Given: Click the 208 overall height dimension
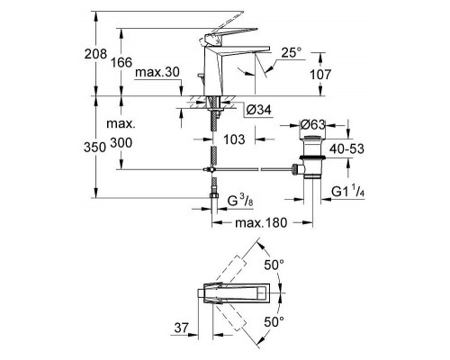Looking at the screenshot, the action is coord(95,54).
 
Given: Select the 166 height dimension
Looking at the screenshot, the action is coord(121,62).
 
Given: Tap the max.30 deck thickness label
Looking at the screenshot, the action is coord(157,72).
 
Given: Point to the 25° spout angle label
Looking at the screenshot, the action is coord(292,53).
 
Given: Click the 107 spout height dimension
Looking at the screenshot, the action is coord(320,75).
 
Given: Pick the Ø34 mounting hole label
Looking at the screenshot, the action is coord(258,110).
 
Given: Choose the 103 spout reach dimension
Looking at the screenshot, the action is coord(234,139).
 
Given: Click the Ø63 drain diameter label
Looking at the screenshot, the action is coord(312,124).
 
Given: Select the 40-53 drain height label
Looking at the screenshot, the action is coord(346,148).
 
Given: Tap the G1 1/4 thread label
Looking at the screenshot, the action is coord(348,191).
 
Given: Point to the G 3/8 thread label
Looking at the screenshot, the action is coord(240,201).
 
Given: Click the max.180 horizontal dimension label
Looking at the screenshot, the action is coord(261,222).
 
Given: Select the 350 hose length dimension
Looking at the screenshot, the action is coord(94,148).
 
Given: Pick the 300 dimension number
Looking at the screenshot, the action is coord(121,143).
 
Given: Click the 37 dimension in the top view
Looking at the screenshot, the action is coord(182,328).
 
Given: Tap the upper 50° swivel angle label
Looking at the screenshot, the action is coord(274,265).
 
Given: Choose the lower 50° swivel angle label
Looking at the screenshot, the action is coord(274,322).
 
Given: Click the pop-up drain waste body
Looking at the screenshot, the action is coord(312,157).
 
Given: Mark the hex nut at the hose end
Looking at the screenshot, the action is coord(212,196).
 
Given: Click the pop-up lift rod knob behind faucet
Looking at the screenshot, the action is coord(200,76).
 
